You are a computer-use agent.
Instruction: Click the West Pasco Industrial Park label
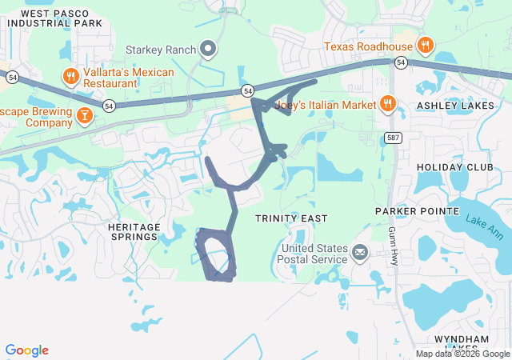[55, 18]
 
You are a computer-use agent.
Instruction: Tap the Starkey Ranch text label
[160, 50]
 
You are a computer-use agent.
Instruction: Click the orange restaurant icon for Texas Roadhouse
[426, 46]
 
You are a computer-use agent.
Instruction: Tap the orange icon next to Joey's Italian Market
[387, 102]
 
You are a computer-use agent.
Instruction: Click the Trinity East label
[287, 218]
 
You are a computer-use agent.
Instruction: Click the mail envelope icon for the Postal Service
[359, 254]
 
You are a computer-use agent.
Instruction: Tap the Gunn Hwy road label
[394, 246]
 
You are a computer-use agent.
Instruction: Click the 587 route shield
[391, 138]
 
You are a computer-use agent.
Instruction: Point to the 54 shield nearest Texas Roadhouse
[400, 62]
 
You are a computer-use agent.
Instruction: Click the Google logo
[26, 350]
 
